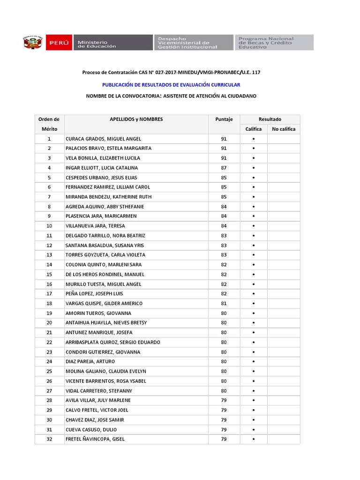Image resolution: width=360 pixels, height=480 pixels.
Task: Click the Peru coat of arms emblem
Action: pyautogui.click(x=33, y=43)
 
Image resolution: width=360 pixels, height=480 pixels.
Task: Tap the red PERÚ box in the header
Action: pyautogui.click(x=59, y=43)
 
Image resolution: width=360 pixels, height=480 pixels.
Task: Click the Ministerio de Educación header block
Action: pyautogui.click(x=112, y=43)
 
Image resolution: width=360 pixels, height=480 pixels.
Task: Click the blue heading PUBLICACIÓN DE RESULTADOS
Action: pyautogui.click(x=171, y=85)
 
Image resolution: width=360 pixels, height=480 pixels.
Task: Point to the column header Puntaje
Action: pyautogui.click(x=224, y=120)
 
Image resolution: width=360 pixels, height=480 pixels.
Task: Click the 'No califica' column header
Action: pyautogui.click(x=284, y=129)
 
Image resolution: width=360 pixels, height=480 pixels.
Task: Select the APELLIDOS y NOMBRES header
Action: pyautogui.click(x=136, y=120)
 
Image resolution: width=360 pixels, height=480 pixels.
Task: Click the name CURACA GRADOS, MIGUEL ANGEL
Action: pyautogui.click(x=104, y=139)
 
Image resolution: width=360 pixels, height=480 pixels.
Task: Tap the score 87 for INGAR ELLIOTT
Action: pyautogui.click(x=224, y=168)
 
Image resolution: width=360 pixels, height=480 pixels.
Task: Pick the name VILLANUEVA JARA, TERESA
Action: pyautogui.click(x=96, y=226)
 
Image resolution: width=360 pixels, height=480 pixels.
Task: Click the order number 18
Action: pyautogui.click(x=49, y=303)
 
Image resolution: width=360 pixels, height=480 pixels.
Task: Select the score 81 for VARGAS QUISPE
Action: pyautogui.click(x=224, y=303)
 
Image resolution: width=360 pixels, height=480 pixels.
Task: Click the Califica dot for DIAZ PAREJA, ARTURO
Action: pyautogui.click(x=254, y=362)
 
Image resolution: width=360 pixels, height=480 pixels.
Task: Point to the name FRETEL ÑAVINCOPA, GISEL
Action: pyautogui.click(x=96, y=439)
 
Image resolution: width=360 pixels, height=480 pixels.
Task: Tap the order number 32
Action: pyautogui.click(x=49, y=439)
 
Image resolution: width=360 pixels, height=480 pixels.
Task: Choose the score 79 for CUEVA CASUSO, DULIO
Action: pyautogui.click(x=224, y=429)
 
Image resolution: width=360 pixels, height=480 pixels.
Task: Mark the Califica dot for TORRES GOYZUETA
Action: pyautogui.click(x=254, y=255)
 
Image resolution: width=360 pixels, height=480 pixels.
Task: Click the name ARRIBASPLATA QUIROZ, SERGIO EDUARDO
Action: pyautogui.click(x=113, y=342)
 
